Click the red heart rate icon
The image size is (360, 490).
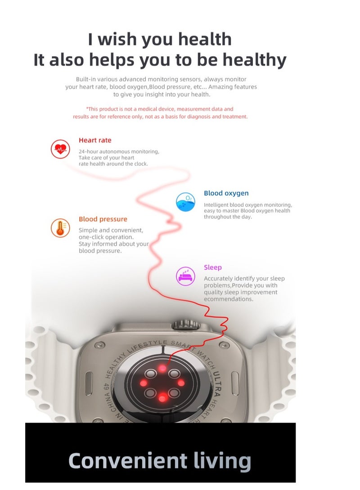(60, 148)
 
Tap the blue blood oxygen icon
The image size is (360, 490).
(185, 202)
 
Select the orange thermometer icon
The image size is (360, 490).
(60, 228)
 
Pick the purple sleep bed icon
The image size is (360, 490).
(185, 276)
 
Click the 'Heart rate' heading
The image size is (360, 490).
(95, 140)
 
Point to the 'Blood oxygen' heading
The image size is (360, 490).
(226, 193)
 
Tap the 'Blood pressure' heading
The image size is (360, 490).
(103, 219)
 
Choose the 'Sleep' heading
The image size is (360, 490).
(212, 267)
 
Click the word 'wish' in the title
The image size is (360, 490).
(118, 40)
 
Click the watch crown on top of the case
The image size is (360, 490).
(186, 324)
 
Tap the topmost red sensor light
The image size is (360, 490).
(162, 368)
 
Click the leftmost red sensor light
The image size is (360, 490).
(144, 383)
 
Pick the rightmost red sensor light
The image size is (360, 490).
(181, 383)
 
